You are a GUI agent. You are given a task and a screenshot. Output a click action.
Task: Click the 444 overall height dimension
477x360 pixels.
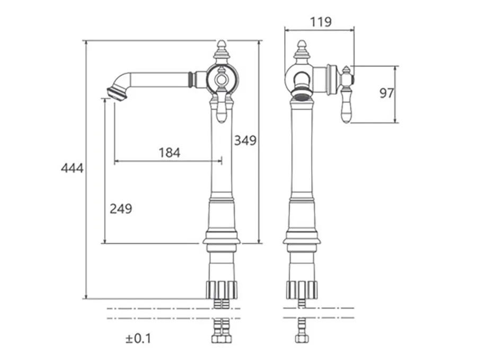[x=72, y=168]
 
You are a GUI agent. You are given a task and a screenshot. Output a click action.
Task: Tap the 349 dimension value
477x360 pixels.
[x=245, y=141]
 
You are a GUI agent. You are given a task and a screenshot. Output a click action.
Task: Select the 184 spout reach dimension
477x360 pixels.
[x=170, y=153]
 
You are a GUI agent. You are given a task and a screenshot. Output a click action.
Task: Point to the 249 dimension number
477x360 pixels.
[x=121, y=209]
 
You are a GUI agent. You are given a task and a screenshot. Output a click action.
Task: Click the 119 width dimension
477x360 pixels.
[x=321, y=22]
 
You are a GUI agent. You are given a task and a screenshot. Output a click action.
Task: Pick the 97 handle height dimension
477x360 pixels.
[x=387, y=93]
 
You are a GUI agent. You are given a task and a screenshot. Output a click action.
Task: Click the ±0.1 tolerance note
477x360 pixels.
[x=138, y=338]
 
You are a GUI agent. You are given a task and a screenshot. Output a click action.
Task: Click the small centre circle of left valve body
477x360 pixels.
[x=222, y=80]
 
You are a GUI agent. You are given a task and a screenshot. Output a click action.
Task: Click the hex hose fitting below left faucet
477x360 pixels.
[x=222, y=339]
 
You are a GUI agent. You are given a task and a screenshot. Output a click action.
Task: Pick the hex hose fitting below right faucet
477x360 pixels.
[x=302, y=339]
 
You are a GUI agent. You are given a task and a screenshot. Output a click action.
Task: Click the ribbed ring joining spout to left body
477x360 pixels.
[x=191, y=80]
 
